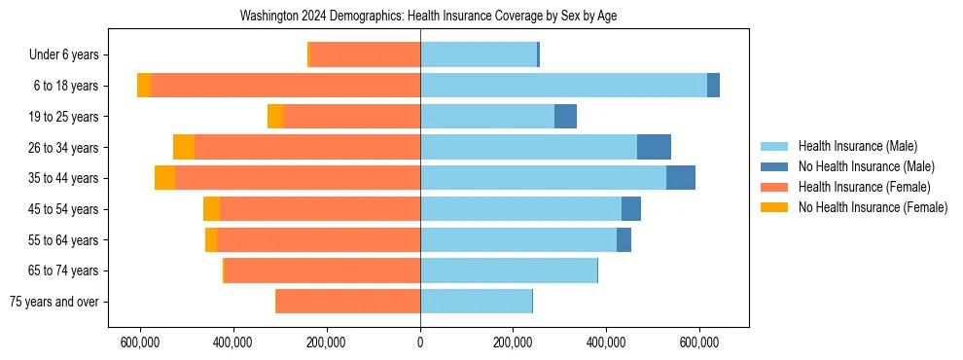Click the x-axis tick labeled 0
(420, 342)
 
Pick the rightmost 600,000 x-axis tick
(699, 342)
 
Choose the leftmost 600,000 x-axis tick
(141, 342)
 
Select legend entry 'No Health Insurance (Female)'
(873, 207)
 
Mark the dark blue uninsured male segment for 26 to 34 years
(654, 147)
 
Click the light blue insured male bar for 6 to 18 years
(563, 86)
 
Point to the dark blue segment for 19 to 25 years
(565, 117)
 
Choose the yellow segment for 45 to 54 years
(211, 209)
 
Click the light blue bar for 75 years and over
(476, 302)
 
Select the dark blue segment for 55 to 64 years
(624, 239)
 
